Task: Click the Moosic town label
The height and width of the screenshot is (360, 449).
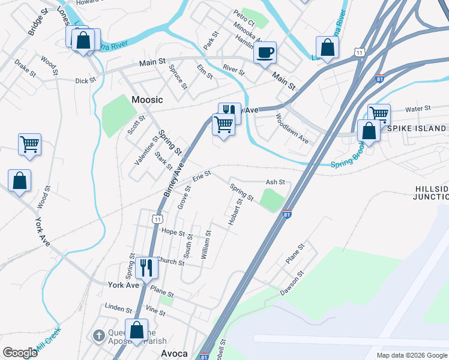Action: (147, 100)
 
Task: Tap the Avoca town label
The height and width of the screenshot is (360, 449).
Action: (174, 353)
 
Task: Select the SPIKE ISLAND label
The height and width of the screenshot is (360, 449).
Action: (417, 128)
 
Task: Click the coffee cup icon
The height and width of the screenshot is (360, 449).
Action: (265, 53)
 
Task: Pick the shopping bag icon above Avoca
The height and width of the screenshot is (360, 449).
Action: (137, 330)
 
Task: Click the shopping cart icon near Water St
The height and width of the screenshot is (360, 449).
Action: (379, 114)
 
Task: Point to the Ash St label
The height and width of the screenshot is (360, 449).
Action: (274, 182)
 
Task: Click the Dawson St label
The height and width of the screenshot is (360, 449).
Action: (292, 283)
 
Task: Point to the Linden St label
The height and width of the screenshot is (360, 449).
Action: (118, 309)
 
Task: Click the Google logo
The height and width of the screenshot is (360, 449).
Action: (20, 353)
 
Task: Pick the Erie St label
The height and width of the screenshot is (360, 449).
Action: (202, 176)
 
